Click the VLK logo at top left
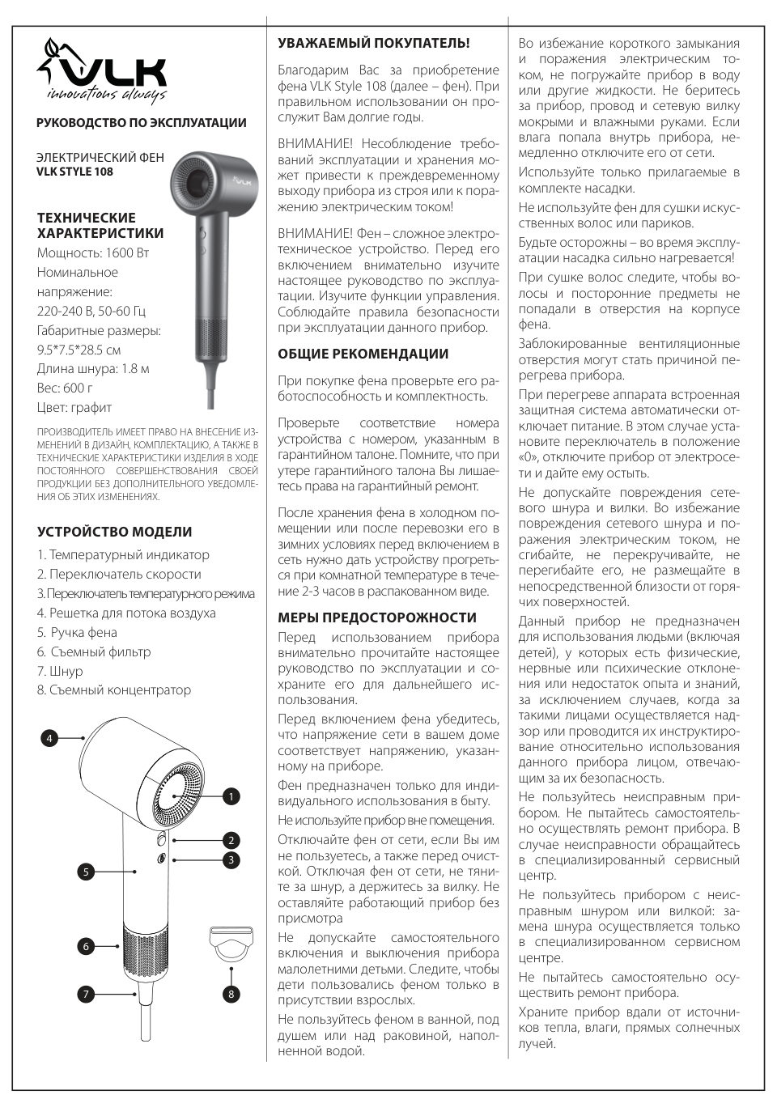pos(103,74)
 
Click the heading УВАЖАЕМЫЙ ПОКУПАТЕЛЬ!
pos(373,43)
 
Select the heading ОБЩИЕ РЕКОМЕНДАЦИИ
pos(363,354)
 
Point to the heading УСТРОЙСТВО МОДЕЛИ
pos(115,532)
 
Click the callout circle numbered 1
pos(231,796)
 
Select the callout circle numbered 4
pos(49,737)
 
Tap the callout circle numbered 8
pos(231,994)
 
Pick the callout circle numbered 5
pos(85,872)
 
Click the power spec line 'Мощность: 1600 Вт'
pos(93,252)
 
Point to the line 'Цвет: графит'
pos(74,407)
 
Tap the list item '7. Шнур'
pos(60,671)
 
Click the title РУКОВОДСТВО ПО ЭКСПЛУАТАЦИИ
pos(142,123)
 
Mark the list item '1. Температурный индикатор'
pos(123,554)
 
